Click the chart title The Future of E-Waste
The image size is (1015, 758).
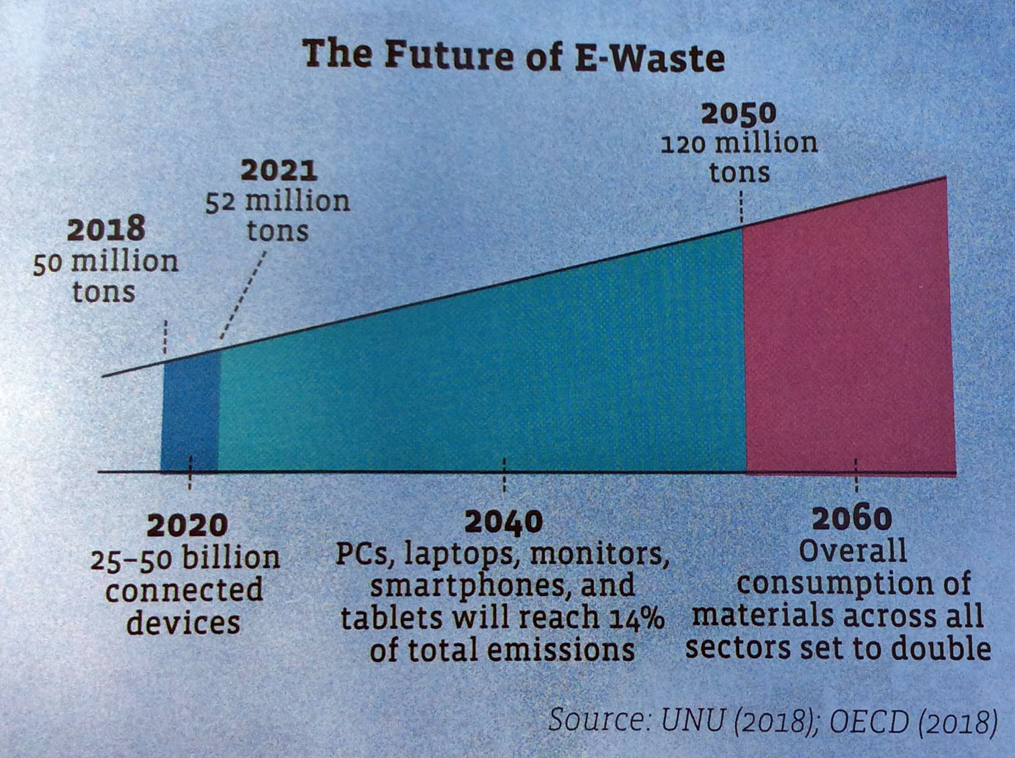coord(514,55)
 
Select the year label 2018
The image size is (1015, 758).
coord(106,230)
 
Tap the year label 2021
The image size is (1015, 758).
coord(279,171)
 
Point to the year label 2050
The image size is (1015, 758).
coord(738,113)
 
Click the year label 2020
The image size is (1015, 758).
coord(187,526)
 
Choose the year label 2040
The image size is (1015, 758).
coord(503,522)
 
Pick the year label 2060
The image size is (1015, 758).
coord(852,519)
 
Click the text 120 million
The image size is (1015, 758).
coord(739,144)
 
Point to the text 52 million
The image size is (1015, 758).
coord(277,201)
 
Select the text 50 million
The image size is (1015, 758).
coord(105,261)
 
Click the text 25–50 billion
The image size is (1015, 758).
coord(185,559)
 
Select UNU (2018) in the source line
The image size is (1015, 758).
coord(736,721)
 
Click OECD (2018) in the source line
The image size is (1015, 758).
coord(913,722)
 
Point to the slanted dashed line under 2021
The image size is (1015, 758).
coord(243,295)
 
